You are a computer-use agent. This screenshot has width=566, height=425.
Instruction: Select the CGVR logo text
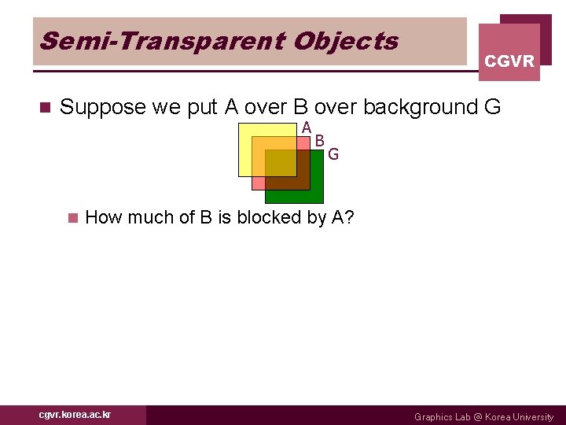tap(509, 61)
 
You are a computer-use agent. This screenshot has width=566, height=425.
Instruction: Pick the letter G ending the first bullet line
tap(491, 107)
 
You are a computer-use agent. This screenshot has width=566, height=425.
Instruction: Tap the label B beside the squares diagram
tap(320, 141)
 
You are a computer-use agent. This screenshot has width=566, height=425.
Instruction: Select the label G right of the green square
tap(333, 154)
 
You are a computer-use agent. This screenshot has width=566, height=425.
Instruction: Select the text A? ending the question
tap(343, 217)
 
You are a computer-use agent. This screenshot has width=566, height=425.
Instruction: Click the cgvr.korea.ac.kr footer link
tap(75, 415)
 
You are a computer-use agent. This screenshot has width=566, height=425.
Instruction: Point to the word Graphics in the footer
tap(433, 417)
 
